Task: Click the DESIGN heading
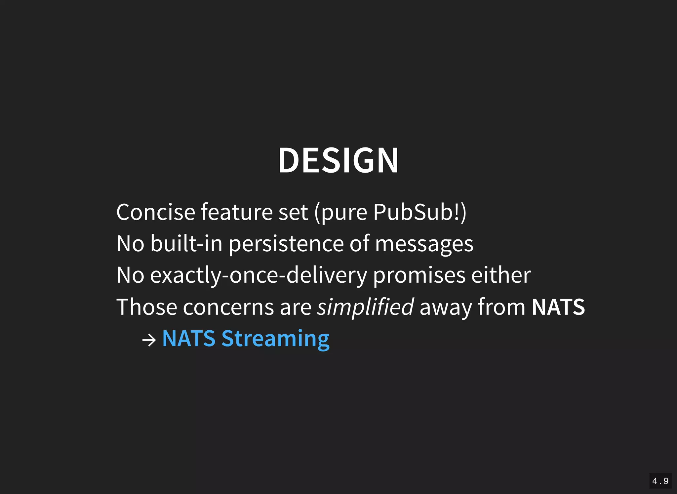338,160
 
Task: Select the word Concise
156,212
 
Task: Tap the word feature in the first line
237,212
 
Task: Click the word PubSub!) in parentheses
420,212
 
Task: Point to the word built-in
186,244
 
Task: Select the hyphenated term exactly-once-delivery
259,275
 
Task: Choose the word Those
147,307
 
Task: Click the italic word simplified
365,307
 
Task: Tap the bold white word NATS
558,307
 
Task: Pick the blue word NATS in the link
189,338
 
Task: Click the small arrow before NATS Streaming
149,340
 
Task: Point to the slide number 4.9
660,481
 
